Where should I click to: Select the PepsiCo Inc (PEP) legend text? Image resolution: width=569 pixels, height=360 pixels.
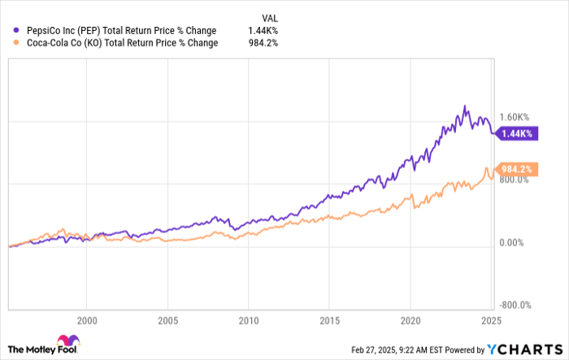117,31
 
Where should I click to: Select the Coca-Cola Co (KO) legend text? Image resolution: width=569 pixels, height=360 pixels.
119,43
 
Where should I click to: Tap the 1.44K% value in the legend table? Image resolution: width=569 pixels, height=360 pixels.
264,31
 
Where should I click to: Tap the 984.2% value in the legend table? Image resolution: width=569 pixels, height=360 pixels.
263,43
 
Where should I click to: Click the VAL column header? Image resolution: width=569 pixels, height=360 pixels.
267,15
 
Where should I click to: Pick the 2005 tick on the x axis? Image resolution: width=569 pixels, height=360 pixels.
167,319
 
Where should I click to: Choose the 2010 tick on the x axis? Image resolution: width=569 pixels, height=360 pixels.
249,319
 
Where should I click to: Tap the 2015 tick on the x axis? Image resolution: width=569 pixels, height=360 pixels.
329,319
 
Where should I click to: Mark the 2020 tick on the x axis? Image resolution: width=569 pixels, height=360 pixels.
410,319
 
